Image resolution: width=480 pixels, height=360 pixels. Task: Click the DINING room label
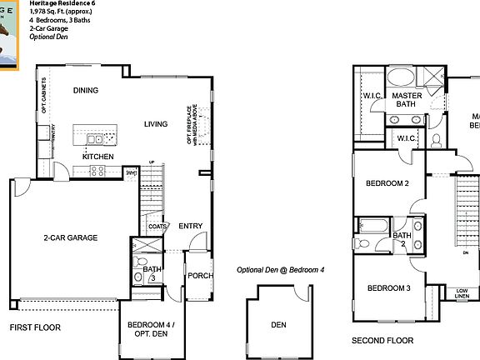[86, 91]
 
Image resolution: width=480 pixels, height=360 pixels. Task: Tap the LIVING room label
[156, 124]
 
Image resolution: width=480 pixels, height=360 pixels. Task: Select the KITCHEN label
[97, 156]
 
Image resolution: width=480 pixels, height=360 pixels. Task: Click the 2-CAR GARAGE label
[71, 238]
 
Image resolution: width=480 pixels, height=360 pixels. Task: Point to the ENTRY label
[190, 226]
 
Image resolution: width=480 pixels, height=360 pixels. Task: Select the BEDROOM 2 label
[387, 183]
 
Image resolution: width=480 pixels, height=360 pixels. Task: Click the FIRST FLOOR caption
[35, 327]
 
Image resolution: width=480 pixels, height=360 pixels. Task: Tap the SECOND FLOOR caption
[382, 341]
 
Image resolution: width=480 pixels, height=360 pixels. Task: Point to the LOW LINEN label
[462, 292]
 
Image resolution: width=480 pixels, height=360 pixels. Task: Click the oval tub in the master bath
[405, 78]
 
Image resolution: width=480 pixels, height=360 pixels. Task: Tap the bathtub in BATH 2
[371, 225]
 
